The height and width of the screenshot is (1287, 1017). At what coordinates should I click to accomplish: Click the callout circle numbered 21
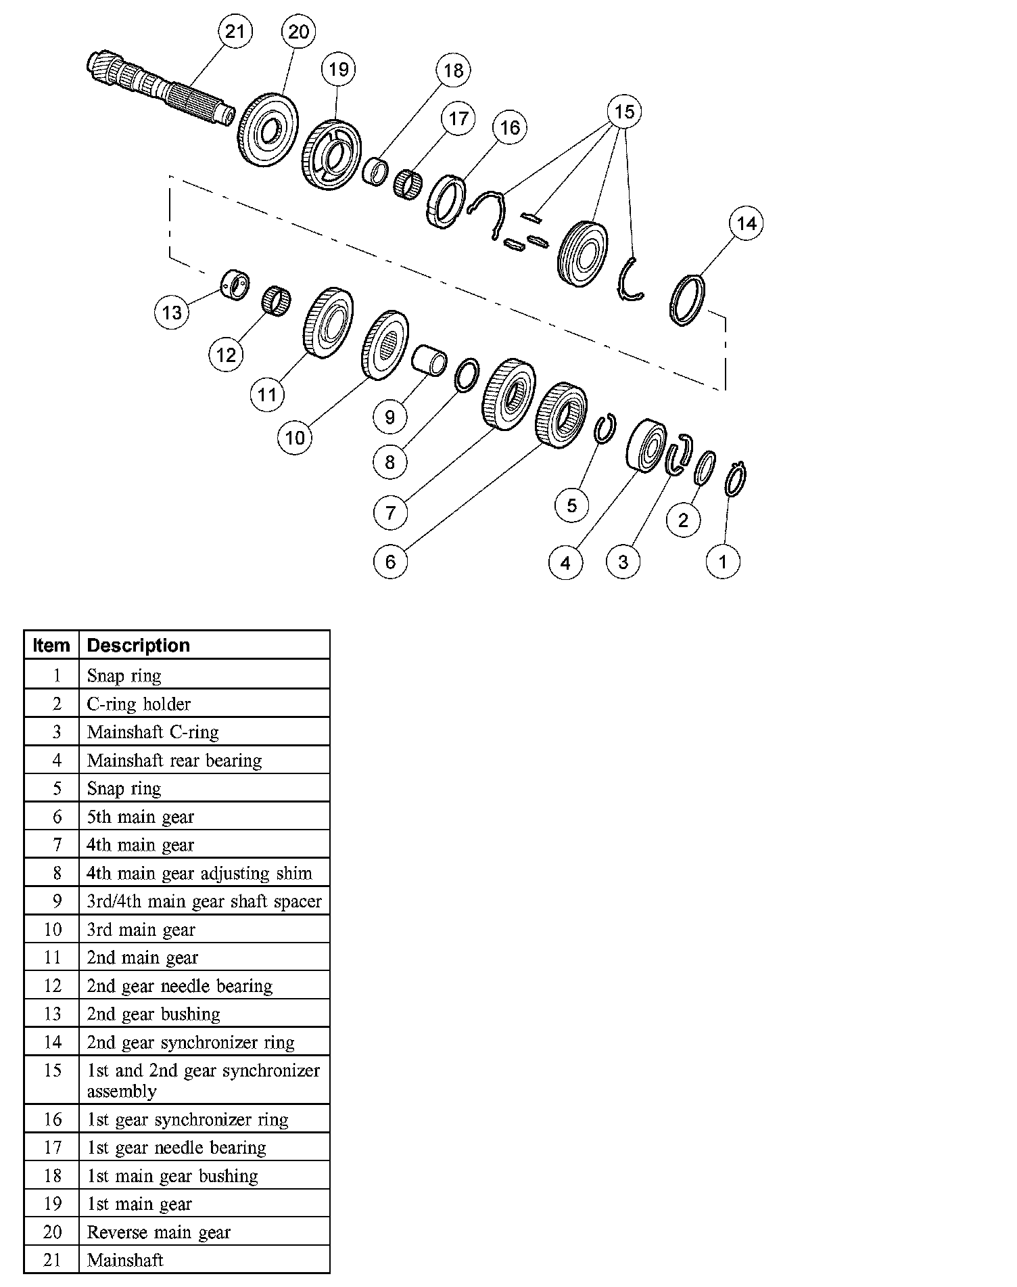point(234,32)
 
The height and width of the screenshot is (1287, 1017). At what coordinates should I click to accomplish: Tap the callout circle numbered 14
point(747,223)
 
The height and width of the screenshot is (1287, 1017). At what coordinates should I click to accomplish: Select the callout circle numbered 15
point(624,112)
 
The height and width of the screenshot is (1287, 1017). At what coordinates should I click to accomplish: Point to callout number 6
point(390,561)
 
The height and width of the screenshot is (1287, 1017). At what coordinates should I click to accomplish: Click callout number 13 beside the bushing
point(172,313)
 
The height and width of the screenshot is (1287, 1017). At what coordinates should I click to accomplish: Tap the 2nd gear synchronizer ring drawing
point(687,300)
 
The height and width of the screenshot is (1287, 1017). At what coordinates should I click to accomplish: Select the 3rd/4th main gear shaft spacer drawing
point(429,359)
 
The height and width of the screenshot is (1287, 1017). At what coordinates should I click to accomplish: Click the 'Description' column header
point(139,646)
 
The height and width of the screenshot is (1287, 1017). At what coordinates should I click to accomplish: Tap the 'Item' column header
point(51,646)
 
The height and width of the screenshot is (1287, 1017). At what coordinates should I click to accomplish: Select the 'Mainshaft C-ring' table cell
point(153,732)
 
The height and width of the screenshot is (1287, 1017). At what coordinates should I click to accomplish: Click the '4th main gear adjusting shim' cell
point(199,874)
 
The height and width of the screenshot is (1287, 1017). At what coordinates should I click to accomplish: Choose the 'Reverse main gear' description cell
point(159,1232)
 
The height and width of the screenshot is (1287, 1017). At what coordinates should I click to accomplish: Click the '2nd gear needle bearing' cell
point(180,986)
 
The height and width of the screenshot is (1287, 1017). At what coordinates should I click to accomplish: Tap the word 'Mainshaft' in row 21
point(126,1260)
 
